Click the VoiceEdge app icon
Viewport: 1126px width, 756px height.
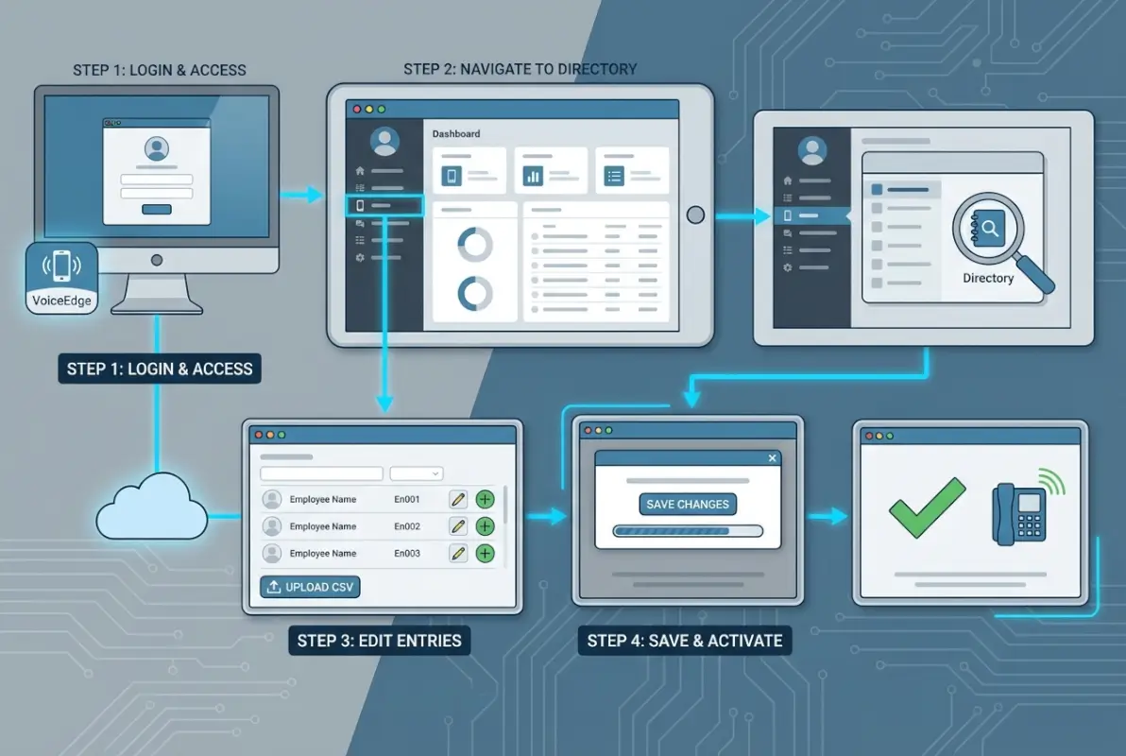[61, 278]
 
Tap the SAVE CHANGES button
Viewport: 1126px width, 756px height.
[688, 504]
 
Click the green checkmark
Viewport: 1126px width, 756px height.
[927, 507]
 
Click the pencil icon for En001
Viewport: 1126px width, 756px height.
[458, 499]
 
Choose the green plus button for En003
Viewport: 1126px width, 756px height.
[485, 553]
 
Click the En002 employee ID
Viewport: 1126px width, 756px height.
[407, 526]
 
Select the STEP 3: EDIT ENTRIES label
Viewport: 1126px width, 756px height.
[379, 641]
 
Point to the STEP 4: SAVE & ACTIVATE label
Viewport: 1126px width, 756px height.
[685, 641]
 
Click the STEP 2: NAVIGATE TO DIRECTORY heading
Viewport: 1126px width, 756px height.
[520, 69]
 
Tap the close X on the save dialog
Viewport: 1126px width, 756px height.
[773, 458]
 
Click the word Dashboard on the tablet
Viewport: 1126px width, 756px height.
[456, 134]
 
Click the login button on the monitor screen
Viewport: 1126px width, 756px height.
[156, 209]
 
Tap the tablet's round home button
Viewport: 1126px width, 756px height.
[695, 215]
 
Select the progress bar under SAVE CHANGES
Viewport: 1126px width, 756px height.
[687, 531]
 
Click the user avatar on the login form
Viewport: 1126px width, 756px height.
[156, 148]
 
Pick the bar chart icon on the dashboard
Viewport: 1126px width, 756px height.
[533, 175]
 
